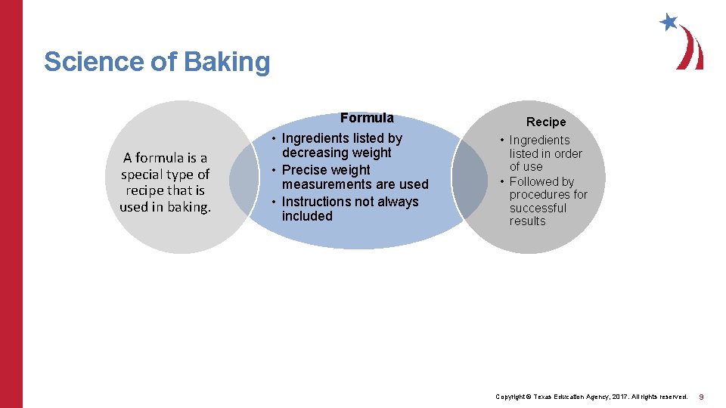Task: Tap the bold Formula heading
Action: point(367,118)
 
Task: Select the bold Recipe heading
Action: point(546,122)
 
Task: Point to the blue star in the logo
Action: point(669,22)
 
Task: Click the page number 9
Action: point(702,397)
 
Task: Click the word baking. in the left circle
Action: point(188,207)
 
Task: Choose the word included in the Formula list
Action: point(307,216)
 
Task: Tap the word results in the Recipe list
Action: point(527,221)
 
